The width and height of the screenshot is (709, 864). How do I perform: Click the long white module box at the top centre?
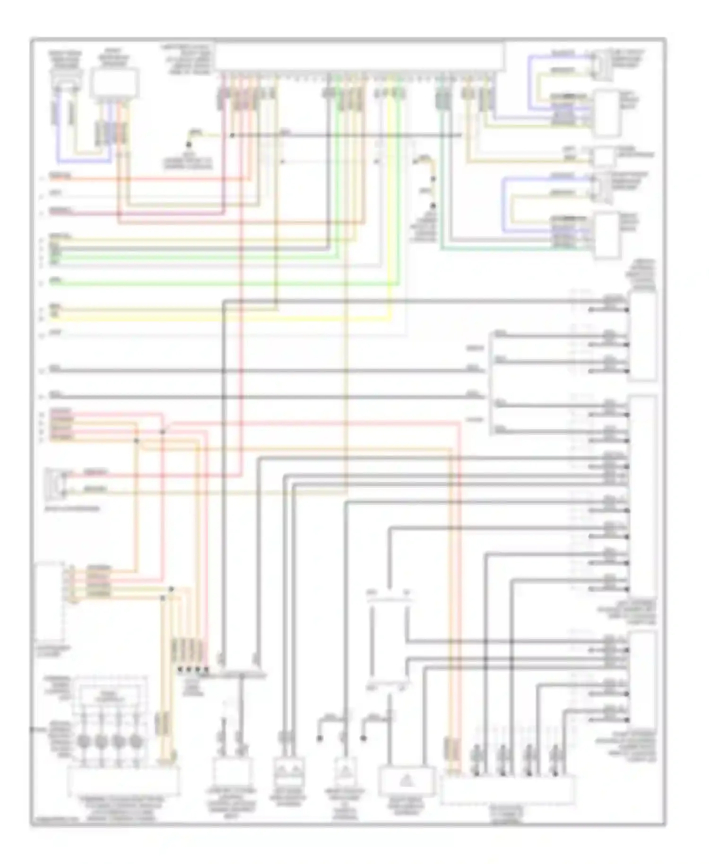pos(359,57)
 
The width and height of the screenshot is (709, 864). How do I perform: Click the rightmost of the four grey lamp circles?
pos(136,741)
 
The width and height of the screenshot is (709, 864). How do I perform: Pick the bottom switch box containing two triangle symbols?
pos(289,771)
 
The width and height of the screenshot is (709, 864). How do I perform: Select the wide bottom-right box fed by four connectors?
pos(508,790)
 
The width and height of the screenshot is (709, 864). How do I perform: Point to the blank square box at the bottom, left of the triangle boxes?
pos(230,771)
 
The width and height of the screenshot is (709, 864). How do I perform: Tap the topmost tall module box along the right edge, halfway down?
pos(642,336)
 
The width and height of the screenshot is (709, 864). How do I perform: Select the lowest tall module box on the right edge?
pos(642,681)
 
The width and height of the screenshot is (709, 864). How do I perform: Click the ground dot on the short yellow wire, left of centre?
pos(188,144)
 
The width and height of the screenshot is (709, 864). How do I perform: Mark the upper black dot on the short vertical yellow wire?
pos(432,179)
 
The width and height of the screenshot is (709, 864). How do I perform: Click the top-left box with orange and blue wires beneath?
pos(114,83)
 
